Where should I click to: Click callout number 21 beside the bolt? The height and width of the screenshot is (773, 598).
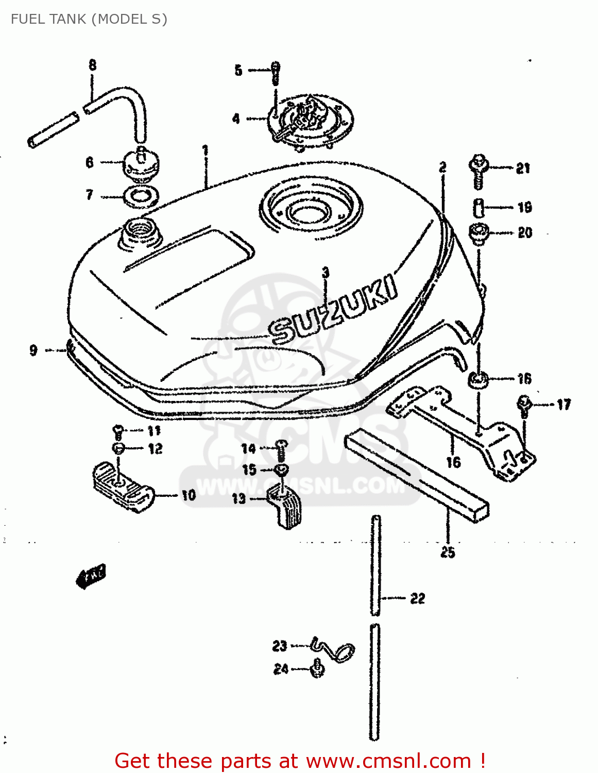tap(523, 168)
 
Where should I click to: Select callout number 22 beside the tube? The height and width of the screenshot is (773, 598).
tap(417, 598)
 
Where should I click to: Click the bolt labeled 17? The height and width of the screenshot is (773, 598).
tap(524, 405)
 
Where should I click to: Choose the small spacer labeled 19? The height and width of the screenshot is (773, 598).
tap(479, 208)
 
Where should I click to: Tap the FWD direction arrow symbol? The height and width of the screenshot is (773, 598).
tap(91, 576)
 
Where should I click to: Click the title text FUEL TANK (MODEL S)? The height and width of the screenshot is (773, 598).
tap(89, 19)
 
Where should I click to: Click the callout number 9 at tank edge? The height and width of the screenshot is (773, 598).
tap(33, 350)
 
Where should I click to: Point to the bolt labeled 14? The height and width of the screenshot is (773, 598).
tap(281, 449)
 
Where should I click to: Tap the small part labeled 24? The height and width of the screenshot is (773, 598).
tap(318, 669)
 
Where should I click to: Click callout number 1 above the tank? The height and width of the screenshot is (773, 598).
tap(205, 150)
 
